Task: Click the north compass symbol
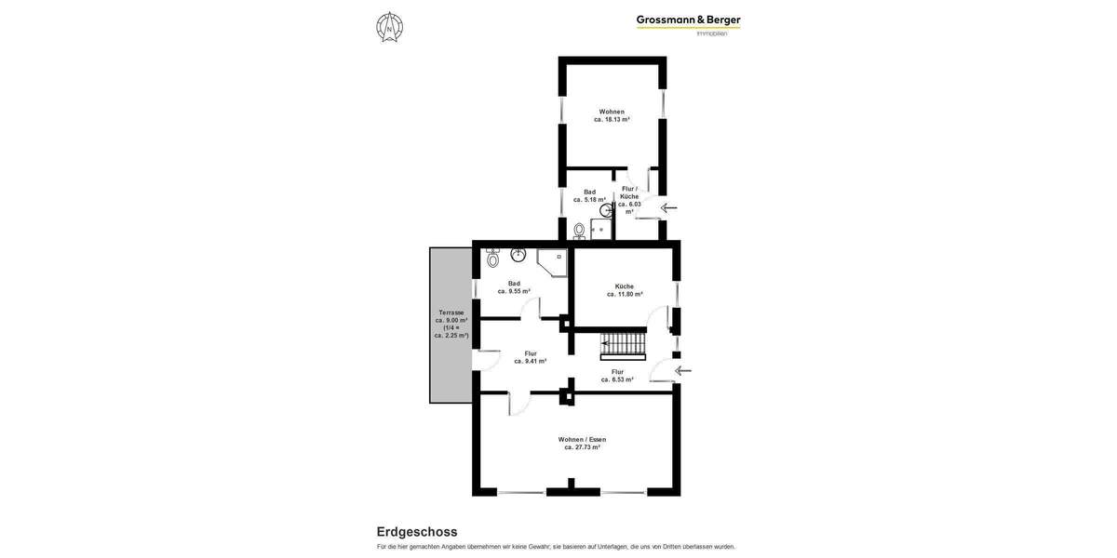coord(389,27)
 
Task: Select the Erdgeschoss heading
coord(416,532)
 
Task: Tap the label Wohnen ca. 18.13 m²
coord(612,115)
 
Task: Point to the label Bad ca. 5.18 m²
coord(589,195)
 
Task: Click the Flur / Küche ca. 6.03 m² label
coord(629,200)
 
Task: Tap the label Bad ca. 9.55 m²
coord(514,287)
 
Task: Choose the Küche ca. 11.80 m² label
coord(625,290)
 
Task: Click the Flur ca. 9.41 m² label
coord(530,357)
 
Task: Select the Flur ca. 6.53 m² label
coord(616,376)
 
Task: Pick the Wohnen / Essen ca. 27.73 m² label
coord(582,444)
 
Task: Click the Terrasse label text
coord(451,324)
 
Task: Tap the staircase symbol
coord(623,345)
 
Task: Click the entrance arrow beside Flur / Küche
coord(669,207)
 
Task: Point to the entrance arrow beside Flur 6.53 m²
coord(683,371)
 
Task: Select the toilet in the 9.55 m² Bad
coord(492,257)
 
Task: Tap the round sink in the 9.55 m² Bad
coord(518,254)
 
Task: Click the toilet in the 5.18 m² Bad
coord(579,231)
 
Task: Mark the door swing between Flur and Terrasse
coord(486,361)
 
